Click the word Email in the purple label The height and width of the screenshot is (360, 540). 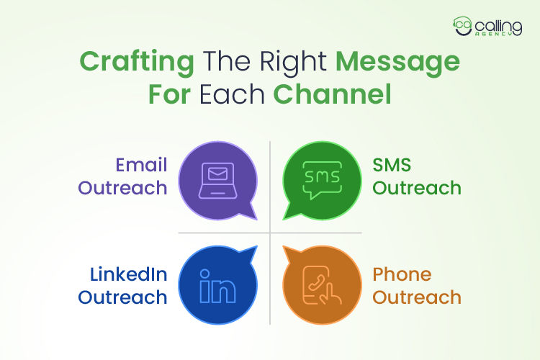(x=141, y=166)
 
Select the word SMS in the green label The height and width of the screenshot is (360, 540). (x=392, y=166)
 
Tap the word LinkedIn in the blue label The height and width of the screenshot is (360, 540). (x=129, y=274)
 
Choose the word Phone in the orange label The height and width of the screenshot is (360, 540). (x=402, y=274)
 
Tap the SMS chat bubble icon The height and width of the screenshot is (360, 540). (x=321, y=181)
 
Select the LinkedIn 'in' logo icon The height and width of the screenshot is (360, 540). (x=217, y=287)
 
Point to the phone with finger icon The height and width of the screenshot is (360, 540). (x=321, y=285)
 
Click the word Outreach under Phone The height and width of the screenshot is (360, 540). (x=416, y=297)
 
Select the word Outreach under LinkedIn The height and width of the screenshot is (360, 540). (x=122, y=297)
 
